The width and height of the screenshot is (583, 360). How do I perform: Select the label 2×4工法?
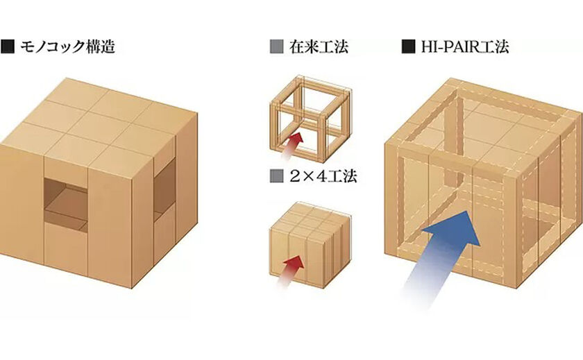click(x=321, y=176)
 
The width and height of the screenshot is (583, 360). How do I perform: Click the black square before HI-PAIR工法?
click(x=408, y=48)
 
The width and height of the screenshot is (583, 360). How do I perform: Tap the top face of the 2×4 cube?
click(x=305, y=219)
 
